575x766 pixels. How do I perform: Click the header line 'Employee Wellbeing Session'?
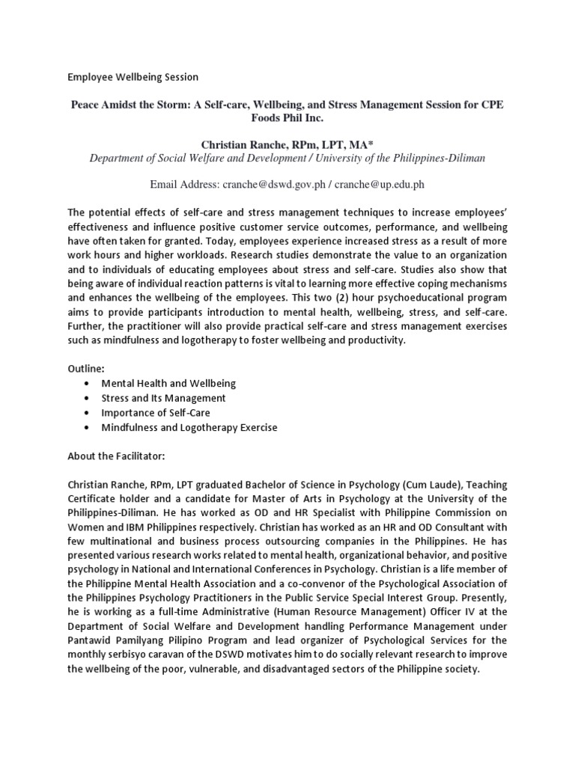(x=133, y=76)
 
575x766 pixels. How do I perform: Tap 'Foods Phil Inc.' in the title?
(x=287, y=119)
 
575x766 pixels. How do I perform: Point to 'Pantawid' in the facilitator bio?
(x=90, y=641)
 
